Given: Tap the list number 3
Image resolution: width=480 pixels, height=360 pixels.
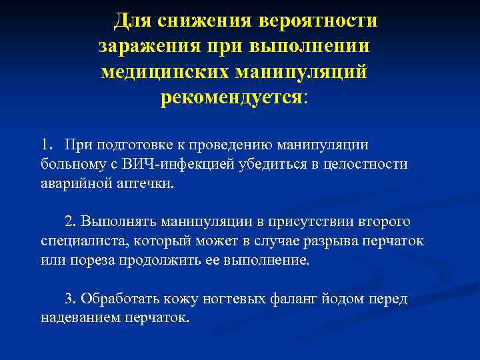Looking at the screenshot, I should (70, 299).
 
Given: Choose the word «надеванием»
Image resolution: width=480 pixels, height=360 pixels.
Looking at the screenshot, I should (79, 318).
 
